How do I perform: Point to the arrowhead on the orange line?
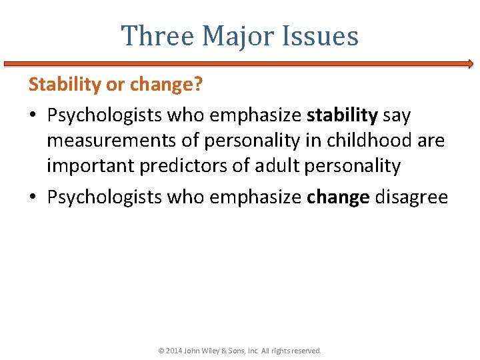pyautogui.click(x=470, y=64)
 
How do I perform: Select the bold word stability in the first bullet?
pyautogui.click(x=342, y=115)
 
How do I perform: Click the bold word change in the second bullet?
pyautogui.click(x=338, y=197)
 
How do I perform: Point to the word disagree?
pyautogui.click(x=411, y=197)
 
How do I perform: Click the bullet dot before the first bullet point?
pyautogui.click(x=33, y=116)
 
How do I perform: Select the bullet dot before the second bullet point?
pyautogui.click(x=33, y=198)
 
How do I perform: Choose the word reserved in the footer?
pyautogui.click(x=306, y=350)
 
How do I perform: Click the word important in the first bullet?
pyautogui.click(x=91, y=166)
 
